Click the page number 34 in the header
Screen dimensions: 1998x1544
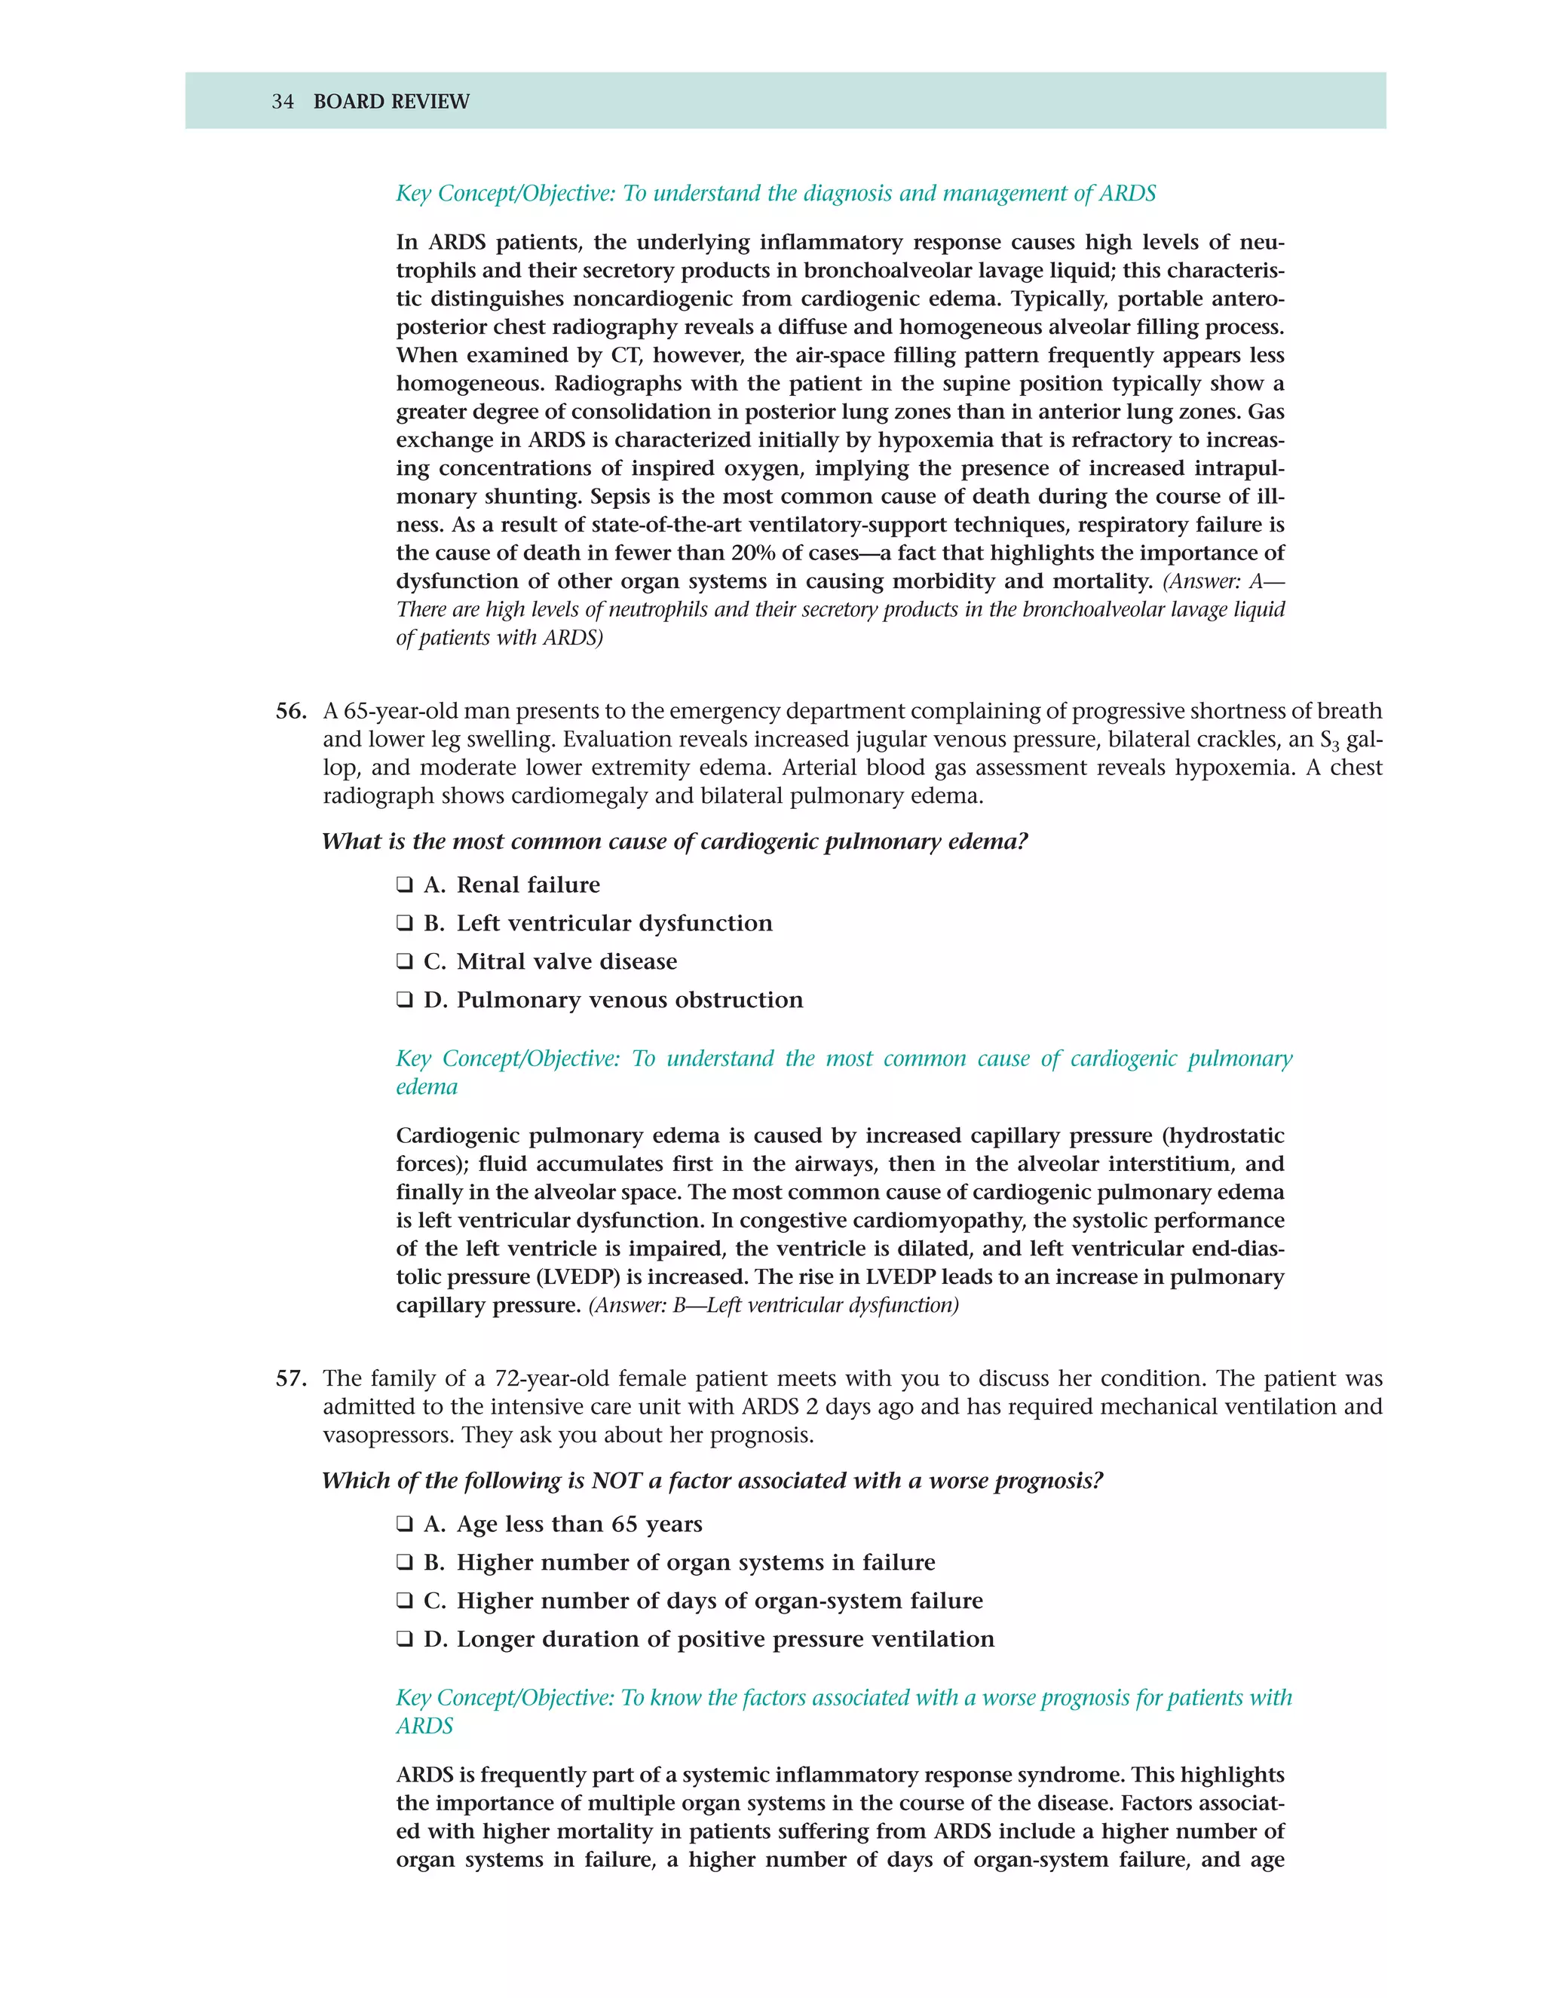click(x=282, y=102)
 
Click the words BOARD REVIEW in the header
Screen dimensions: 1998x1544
click(x=391, y=102)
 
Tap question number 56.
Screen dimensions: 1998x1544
click(x=291, y=711)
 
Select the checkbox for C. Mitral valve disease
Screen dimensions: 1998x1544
click(x=404, y=961)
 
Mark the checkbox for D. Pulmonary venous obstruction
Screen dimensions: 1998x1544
click(x=404, y=1000)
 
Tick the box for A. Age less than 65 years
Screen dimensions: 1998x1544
click(x=404, y=1524)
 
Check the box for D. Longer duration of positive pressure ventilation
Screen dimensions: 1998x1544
click(x=404, y=1639)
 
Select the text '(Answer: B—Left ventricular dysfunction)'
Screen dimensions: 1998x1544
click(x=773, y=1305)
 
